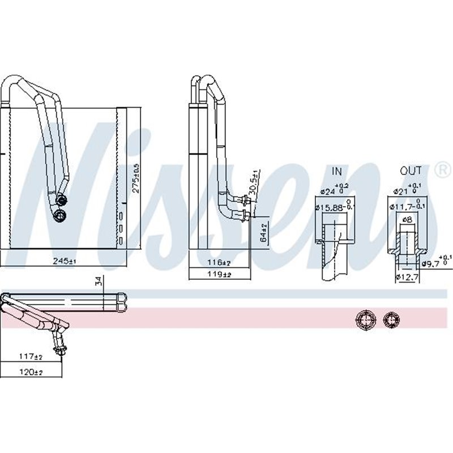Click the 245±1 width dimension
64,261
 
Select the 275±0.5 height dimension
135,179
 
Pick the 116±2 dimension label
219,263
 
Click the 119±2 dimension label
219,274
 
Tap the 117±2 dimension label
31,357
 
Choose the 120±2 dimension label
32,372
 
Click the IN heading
337,170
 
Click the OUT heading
411,170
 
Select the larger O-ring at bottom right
365,319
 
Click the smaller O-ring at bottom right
391,319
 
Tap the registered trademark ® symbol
440,169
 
